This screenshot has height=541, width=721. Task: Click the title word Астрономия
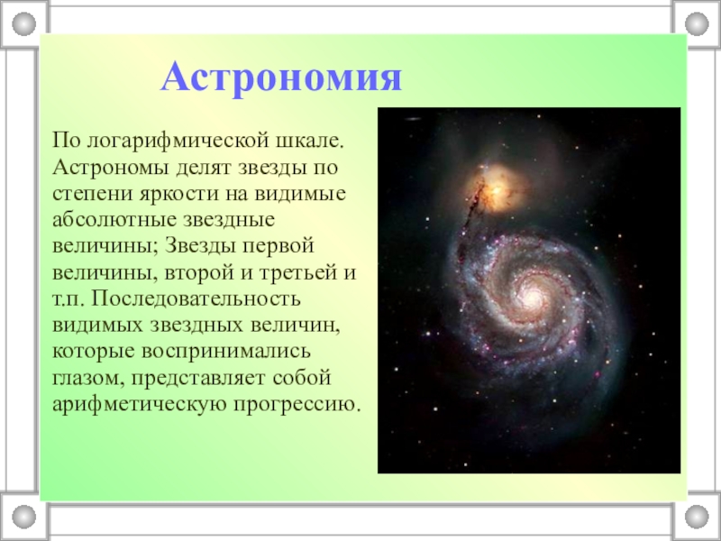pyautogui.click(x=281, y=78)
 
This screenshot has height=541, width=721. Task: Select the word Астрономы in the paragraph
pyautogui.click(x=110, y=167)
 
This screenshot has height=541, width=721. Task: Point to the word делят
pyautogui.click(x=204, y=168)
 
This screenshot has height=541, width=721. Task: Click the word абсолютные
pyautogui.click(x=115, y=220)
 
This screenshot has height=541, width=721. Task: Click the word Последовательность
pyautogui.click(x=196, y=299)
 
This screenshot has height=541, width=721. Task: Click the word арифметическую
pyautogui.click(x=140, y=405)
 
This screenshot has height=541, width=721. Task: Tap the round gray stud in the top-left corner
pyautogui.click(x=24, y=24)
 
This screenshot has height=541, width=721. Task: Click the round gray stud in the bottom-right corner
pyautogui.click(x=697, y=517)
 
